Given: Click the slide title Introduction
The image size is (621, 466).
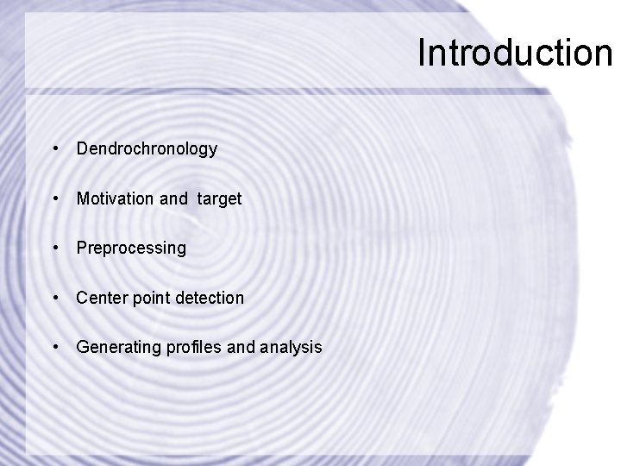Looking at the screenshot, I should tap(514, 53).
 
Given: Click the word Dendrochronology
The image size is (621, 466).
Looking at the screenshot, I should tap(147, 149).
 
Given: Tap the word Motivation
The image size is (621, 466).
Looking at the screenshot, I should tap(115, 198).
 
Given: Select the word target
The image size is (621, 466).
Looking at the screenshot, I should tap(219, 198).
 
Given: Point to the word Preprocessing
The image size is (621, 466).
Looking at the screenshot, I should tap(131, 249).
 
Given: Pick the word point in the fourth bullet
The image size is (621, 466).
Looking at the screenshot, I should tap(149, 298).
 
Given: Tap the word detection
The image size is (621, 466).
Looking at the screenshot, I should tap(210, 298).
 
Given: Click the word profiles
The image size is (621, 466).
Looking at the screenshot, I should tap(192, 347).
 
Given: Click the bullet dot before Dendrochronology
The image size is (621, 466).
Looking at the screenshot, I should tap(56, 149).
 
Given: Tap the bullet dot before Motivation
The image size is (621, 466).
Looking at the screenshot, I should tap(56, 198).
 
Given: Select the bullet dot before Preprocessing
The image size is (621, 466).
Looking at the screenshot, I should tap(56, 249).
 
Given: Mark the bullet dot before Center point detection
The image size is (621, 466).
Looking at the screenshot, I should tap(56, 298).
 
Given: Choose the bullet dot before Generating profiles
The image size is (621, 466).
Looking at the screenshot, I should tap(56, 347).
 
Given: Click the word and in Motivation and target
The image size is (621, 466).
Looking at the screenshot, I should tap(173, 198).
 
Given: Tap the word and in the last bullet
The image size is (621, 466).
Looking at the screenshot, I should tap(242, 347).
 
